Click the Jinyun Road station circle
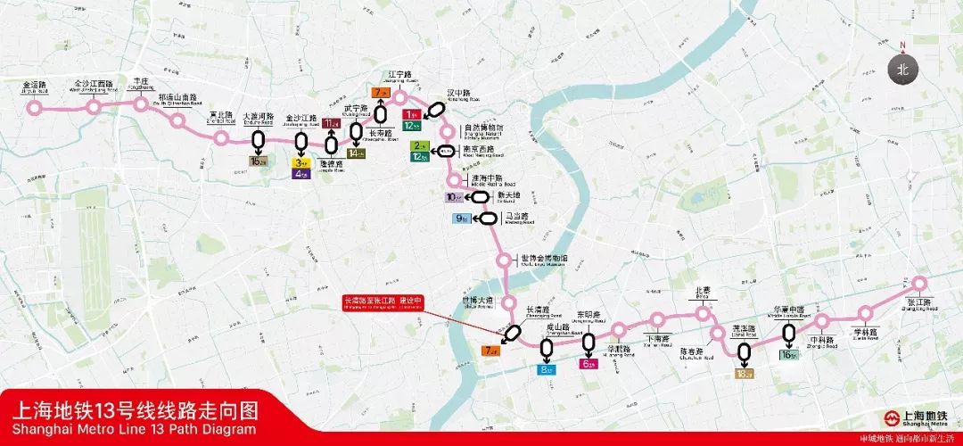pyautogui.click(x=35, y=108)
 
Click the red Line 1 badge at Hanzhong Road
pyautogui.click(x=411, y=114)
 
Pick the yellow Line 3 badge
pyautogui.click(x=300, y=162)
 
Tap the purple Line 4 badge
pyautogui.click(x=300, y=174)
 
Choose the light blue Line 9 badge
pyautogui.click(x=462, y=219)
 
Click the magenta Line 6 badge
pyautogui.click(x=588, y=364)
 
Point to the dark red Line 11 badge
pyautogui.click(x=332, y=123)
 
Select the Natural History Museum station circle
pyautogui.click(x=448, y=133)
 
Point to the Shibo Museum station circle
pyautogui.click(x=506, y=260)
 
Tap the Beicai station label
pyautogui.click(x=704, y=292)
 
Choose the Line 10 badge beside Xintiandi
pyautogui.click(x=455, y=197)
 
